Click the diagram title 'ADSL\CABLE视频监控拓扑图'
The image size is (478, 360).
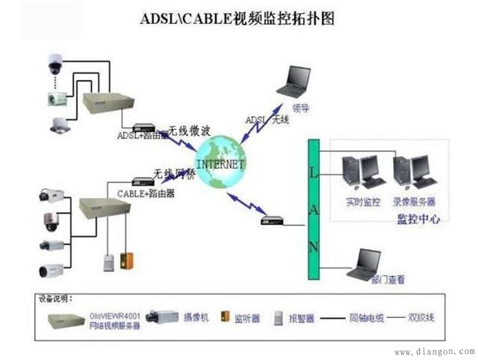pyautogui.click(x=237, y=20)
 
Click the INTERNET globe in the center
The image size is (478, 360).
pyautogui.click(x=220, y=162)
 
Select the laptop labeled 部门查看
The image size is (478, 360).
pyautogui.click(x=364, y=264)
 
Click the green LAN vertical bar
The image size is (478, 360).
pyautogui.click(x=313, y=209)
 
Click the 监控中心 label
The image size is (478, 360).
pyautogui.click(x=419, y=219)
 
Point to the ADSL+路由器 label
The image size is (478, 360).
pyautogui.click(x=141, y=136)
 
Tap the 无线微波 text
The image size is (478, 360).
pyautogui.click(x=188, y=129)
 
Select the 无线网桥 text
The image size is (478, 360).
pyautogui.click(x=174, y=173)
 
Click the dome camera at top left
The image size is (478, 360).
pyautogui.click(x=56, y=63)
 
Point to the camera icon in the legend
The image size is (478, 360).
pyautogui.click(x=162, y=317)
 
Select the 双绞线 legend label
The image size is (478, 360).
pyautogui.click(x=421, y=317)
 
